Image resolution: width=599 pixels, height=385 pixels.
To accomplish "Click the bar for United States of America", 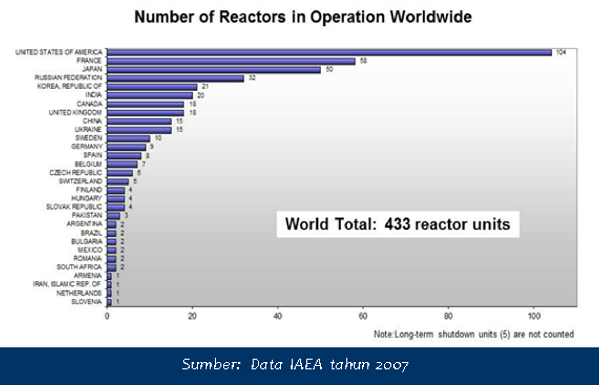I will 329,52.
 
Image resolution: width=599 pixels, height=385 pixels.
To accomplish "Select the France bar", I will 231,61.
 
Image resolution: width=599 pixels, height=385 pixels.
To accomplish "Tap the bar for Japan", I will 214,70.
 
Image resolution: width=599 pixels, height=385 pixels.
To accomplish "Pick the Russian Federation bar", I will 175,78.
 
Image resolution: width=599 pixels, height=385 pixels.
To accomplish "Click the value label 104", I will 561,52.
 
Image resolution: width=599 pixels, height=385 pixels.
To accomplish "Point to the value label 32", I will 252,78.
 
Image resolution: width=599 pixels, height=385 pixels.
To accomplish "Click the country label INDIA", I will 93,95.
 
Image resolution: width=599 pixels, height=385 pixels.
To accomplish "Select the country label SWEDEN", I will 89,138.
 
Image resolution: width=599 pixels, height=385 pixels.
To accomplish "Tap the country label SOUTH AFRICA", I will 79,267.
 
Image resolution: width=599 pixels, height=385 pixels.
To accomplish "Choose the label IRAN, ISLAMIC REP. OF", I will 67,284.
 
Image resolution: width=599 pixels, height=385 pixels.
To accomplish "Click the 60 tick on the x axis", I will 363,316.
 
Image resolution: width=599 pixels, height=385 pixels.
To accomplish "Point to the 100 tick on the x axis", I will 534,316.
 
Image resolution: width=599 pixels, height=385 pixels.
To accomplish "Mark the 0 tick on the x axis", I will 107,316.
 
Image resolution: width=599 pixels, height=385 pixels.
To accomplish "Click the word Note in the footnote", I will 383,334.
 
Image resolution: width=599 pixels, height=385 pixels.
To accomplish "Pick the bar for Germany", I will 126,147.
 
